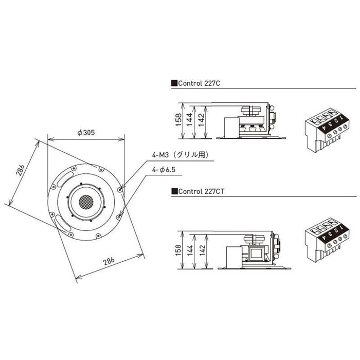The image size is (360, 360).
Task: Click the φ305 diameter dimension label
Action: (x=86, y=133)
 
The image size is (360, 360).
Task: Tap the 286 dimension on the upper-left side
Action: (x=20, y=170)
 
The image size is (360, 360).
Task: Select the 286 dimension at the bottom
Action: (x=109, y=261)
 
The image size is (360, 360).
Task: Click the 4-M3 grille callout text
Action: (x=181, y=155)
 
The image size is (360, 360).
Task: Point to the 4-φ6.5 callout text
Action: (x=164, y=170)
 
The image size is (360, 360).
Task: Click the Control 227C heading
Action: (x=199, y=83)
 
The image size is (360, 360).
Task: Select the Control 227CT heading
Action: (x=201, y=191)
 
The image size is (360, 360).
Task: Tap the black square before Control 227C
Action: (x=174, y=83)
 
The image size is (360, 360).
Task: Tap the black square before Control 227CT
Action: (x=174, y=191)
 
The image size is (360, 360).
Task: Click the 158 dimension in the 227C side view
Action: (x=178, y=120)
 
